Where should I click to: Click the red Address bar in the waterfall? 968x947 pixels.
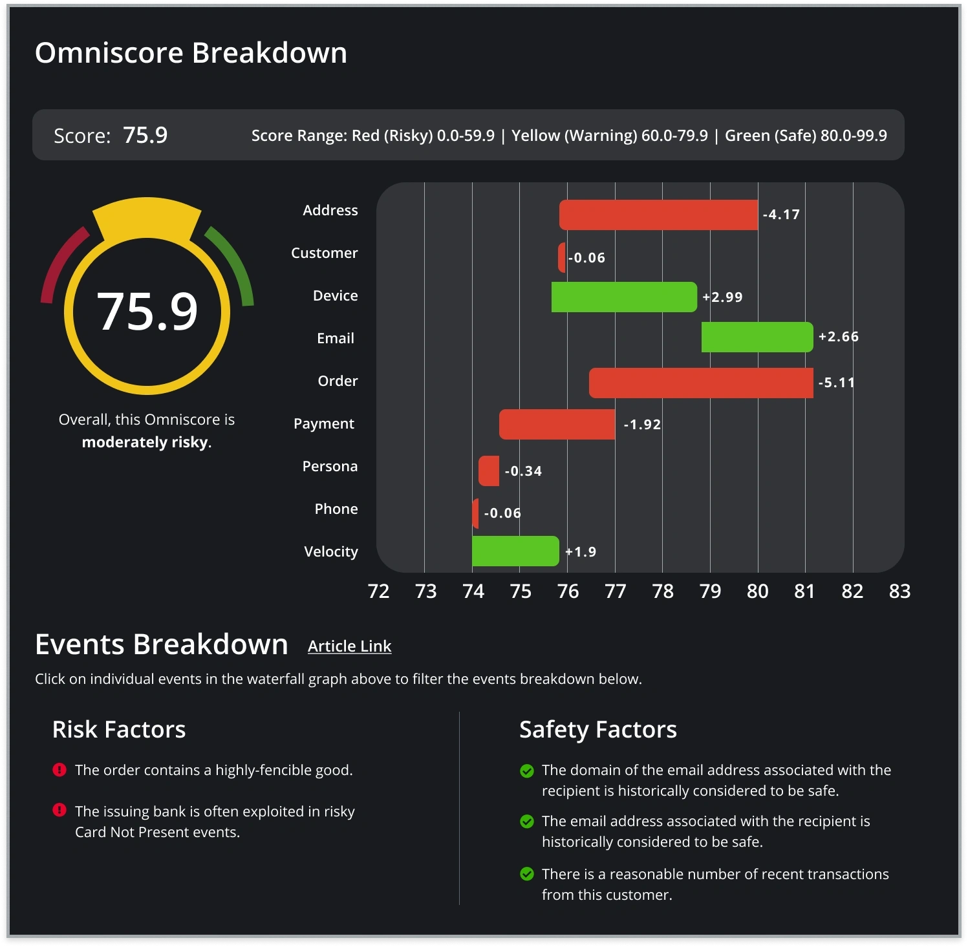(x=658, y=215)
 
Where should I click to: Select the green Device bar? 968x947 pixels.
(x=624, y=297)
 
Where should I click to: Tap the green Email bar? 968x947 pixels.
(x=757, y=337)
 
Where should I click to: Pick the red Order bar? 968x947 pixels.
(x=701, y=383)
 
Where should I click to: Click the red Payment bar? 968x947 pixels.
(x=557, y=424)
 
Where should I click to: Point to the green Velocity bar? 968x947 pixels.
(x=515, y=551)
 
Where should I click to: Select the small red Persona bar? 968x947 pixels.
(x=489, y=471)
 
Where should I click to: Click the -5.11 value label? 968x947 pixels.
(x=837, y=383)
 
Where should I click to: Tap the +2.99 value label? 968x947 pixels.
(x=723, y=297)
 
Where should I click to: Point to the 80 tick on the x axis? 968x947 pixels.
(x=757, y=591)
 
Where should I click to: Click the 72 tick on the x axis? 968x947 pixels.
(x=378, y=591)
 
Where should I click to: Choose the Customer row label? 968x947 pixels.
(x=324, y=253)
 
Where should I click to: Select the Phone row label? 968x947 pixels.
(x=336, y=509)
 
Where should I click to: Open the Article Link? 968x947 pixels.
(x=349, y=646)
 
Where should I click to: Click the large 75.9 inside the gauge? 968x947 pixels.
(x=147, y=312)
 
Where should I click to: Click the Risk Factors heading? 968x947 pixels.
(x=119, y=729)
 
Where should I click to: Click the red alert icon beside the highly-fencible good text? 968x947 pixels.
(x=59, y=769)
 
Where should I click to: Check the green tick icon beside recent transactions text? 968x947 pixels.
(x=527, y=874)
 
